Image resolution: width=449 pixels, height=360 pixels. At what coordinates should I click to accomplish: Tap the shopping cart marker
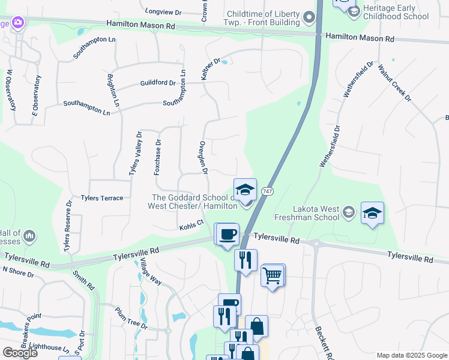(x=273, y=276)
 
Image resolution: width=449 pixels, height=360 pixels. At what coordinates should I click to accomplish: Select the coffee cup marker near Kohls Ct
(x=227, y=234)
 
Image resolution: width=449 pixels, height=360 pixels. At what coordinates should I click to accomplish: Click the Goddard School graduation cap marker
(x=245, y=191)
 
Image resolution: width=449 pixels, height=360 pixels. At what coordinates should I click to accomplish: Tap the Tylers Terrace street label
(x=102, y=198)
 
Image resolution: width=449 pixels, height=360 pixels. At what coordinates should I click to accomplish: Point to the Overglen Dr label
(x=203, y=158)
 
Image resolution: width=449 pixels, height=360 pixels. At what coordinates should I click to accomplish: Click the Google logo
(x=20, y=353)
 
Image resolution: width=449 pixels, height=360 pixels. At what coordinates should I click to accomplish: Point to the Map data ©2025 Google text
(x=411, y=355)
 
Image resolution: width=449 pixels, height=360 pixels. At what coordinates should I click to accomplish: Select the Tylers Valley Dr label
(x=135, y=154)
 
